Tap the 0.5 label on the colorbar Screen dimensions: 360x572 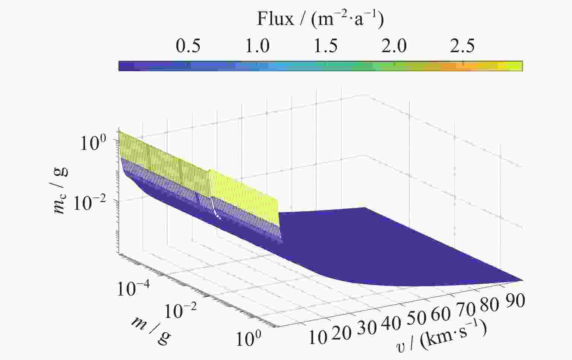tap(188, 46)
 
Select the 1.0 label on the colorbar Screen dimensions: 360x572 tap(257, 46)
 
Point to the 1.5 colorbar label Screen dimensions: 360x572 tap(326, 46)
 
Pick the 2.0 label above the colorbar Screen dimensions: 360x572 tap(394, 46)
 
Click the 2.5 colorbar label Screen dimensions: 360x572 tap(462, 46)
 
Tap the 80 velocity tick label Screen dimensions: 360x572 tap(489, 304)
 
